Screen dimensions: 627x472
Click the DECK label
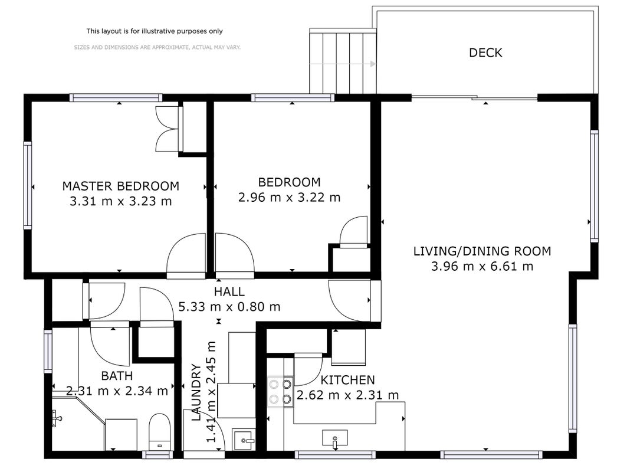pyautogui.click(x=485, y=53)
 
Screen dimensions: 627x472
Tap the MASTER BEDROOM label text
pyautogui.click(x=121, y=186)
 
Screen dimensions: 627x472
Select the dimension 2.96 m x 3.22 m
pyautogui.click(x=289, y=197)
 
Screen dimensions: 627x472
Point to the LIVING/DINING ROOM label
pyautogui.click(x=482, y=251)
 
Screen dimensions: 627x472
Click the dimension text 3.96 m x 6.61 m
pyautogui.click(x=482, y=267)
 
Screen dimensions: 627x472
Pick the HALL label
pyautogui.click(x=229, y=291)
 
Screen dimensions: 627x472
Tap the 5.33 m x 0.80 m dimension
pyautogui.click(x=229, y=307)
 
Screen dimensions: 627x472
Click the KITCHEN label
pyautogui.click(x=347, y=380)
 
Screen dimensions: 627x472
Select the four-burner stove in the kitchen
pyautogui.click(x=280, y=392)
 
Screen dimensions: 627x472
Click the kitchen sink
pyautogui.click(x=334, y=438)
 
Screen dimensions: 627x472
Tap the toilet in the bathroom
pyautogui.click(x=159, y=432)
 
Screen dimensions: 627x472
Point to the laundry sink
pyautogui.click(x=244, y=440)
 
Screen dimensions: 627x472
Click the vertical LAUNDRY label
pyautogui.click(x=196, y=392)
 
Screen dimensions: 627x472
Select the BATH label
pyautogui.click(x=117, y=376)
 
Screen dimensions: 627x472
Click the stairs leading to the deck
pyautogui.click(x=343, y=61)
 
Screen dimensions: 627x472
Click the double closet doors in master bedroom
pyautogui.click(x=167, y=129)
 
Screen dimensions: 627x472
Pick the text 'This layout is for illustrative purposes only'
pyautogui.click(x=155, y=31)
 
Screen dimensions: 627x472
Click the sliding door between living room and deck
pyautogui.click(x=474, y=97)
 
